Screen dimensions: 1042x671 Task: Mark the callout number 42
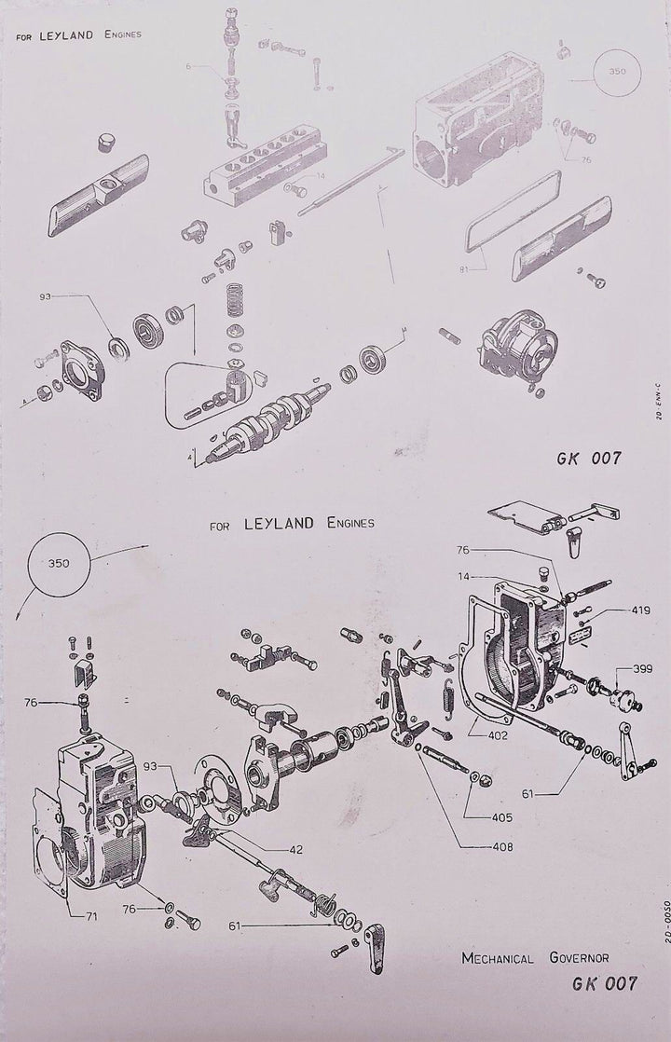click(269, 850)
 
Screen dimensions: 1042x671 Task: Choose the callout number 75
click(587, 159)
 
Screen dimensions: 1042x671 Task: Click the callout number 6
click(189, 66)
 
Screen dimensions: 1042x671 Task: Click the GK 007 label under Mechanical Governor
click(605, 982)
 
